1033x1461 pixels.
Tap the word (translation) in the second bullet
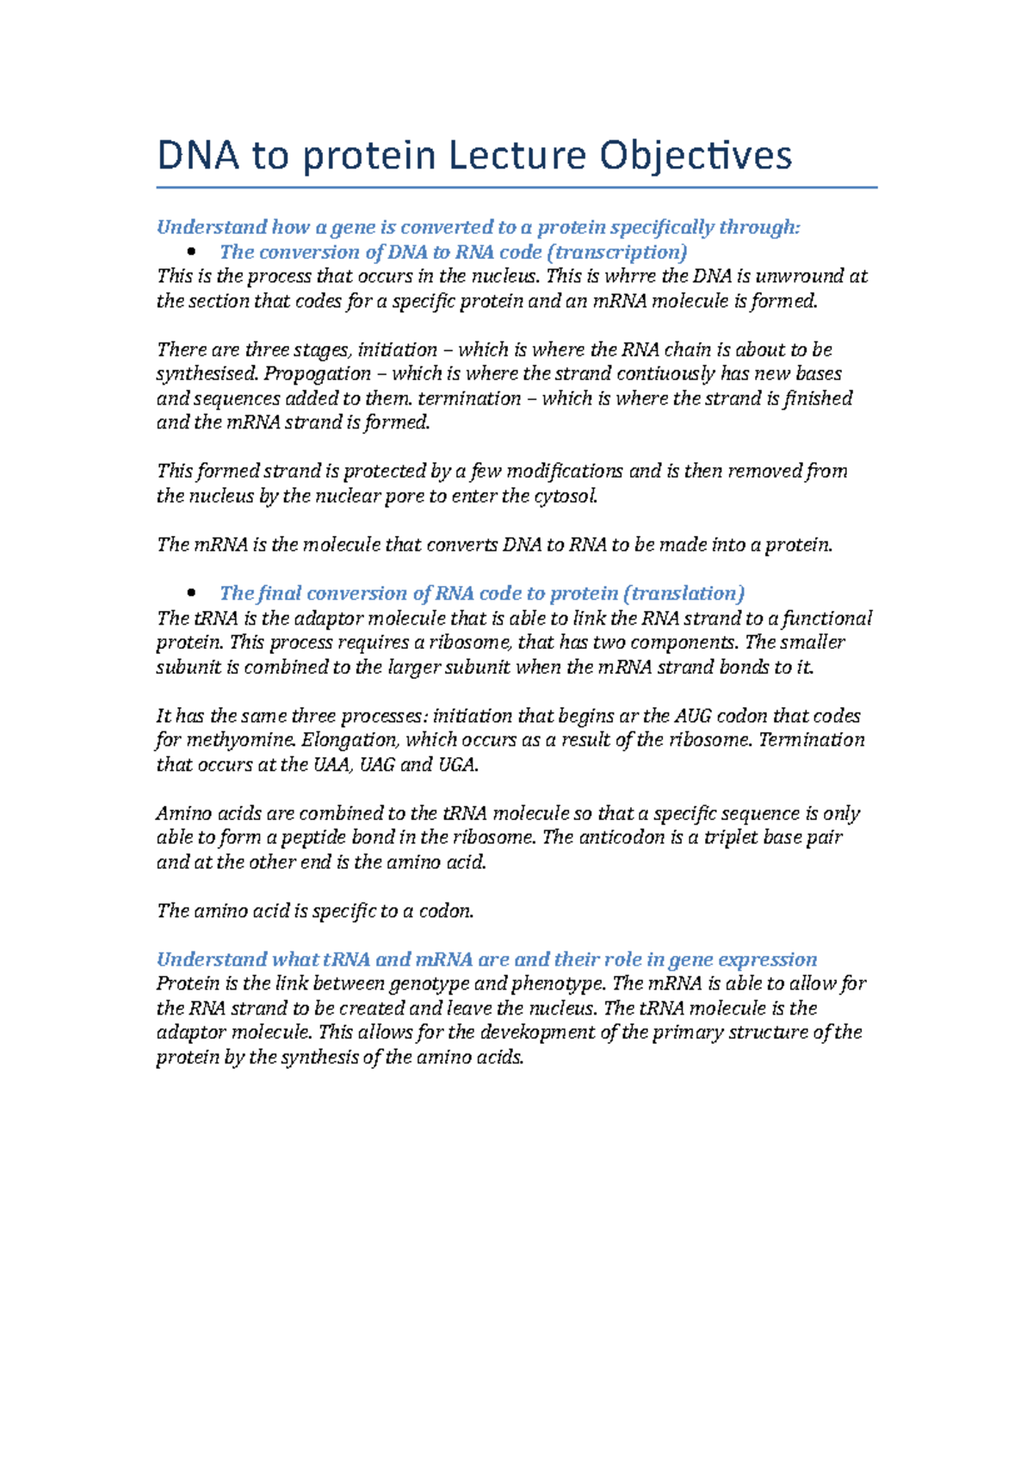click(684, 593)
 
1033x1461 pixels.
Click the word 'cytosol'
click(566, 496)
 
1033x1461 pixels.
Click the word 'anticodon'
click(621, 837)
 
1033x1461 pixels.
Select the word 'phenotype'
click(558, 983)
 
